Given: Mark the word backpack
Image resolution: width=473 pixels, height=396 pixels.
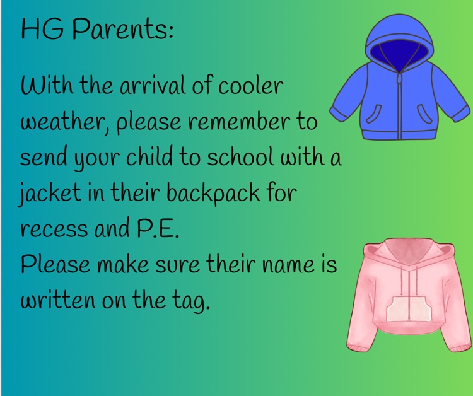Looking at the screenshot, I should [x=212, y=194].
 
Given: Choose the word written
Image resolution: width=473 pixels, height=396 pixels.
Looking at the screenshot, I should [x=55, y=301].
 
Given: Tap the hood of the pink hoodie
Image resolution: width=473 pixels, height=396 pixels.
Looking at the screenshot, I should [x=406, y=252].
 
